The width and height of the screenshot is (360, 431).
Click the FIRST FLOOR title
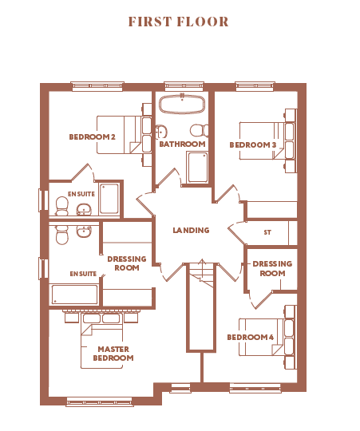pyautogui.click(x=178, y=22)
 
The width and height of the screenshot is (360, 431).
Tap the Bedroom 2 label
pyautogui.click(x=92, y=136)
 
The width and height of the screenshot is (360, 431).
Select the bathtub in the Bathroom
pyautogui.click(x=182, y=104)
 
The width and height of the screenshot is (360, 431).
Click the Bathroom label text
pyautogui.click(x=182, y=144)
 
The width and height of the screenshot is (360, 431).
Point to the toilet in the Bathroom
pyautogui.click(x=200, y=130)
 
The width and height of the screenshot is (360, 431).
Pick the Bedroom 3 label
pyautogui.click(x=253, y=144)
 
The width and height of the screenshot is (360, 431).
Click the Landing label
pyautogui.click(x=191, y=230)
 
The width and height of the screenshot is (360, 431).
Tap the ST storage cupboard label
pyautogui.click(x=267, y=232)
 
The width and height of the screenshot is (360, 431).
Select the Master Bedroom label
pyautogui.click(x=113, y=354)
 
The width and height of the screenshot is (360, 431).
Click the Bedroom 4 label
pyautogui.click(x=251, y=337)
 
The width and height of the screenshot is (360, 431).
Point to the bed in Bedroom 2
pyautogui.click(x=125, y=134)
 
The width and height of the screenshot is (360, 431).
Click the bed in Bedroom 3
pyautogui.click(x=267, y=140)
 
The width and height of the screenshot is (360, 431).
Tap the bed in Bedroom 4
pyautogui.click(x=267, y=338)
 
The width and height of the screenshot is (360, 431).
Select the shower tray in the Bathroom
pyautogui.click(x=197, y=167)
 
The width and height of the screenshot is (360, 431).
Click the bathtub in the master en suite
pyautogui.click(x=74, y=295)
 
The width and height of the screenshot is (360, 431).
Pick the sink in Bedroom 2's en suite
pyautogui.click(x=84, y=210)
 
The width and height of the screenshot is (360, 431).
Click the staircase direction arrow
pyautogui.click(x=203, y=270)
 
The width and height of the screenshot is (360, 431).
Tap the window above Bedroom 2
pyautogui.click(x=97, y=86)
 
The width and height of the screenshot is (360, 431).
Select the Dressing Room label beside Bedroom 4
pyautogui.click(x=272, y=268)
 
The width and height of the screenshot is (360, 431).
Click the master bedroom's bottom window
pyautogui.click(x=100, y=401)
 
